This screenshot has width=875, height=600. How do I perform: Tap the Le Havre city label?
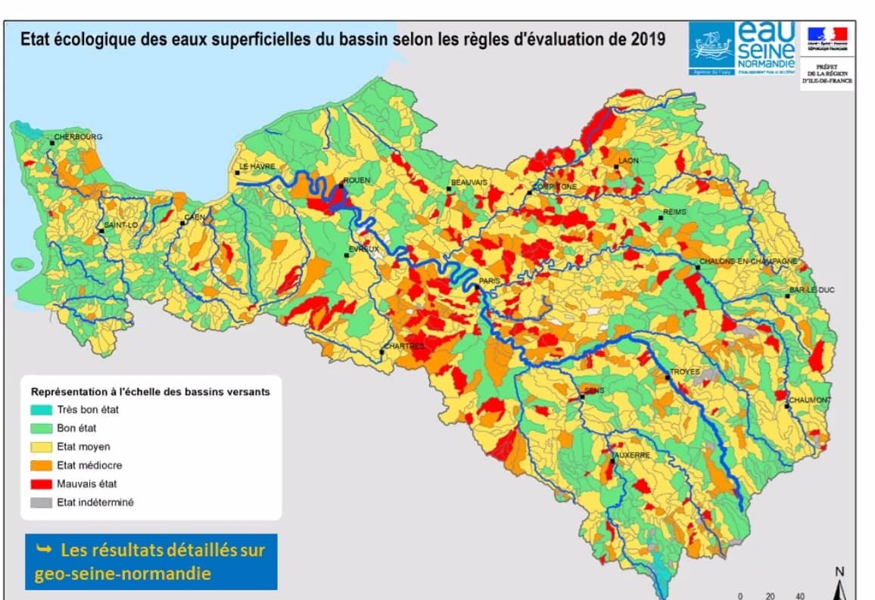pos(257,166)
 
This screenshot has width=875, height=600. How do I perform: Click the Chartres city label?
pos(404,346)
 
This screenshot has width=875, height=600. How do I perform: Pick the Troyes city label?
pos(684,372)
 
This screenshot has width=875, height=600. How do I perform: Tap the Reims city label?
pos(674,212)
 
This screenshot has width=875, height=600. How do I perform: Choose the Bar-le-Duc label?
pos(810,290)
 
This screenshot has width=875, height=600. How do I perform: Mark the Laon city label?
pos(628,160)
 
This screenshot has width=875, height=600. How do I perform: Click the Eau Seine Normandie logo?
pos(743,47)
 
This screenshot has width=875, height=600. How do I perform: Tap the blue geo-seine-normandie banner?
pos(151,561)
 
